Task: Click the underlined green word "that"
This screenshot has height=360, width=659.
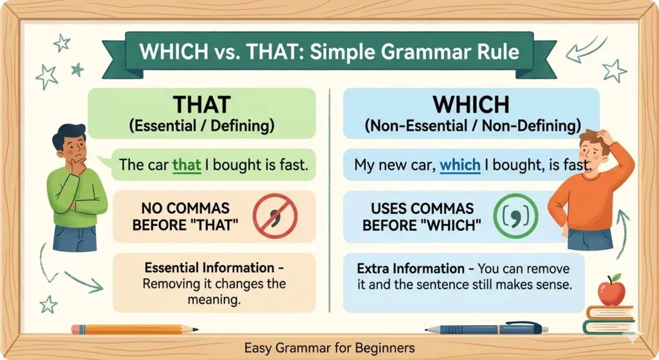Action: [x=187, y=165]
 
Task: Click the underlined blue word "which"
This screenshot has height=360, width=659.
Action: [x=459, y=165]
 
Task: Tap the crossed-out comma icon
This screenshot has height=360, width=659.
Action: [x=275, y=216]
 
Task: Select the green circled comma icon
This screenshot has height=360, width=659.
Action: [x=515, y=216]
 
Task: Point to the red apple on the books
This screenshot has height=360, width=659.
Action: [x=611, y=290]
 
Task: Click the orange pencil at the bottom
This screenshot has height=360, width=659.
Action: [x=135, y=329]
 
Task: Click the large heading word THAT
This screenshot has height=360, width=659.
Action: [x=201, y=104]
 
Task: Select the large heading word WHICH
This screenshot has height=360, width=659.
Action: [x=471, y=104]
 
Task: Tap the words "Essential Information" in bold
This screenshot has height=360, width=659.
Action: [x=209, y=267]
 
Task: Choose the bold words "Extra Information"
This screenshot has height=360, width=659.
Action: [x=411, y=269]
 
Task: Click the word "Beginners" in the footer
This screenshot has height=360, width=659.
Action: [x=385, y=348]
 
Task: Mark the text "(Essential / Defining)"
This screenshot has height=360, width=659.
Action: [x=201, y=126]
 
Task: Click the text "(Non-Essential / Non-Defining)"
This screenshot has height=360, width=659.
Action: [x=472, y=126]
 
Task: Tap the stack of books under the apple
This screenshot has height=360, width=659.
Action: [x=609, y=320]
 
